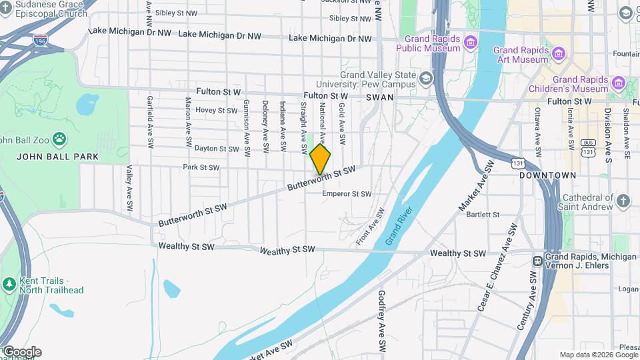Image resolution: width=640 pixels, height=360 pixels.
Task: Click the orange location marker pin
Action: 320,159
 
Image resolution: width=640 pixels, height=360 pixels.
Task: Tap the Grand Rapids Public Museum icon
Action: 471,43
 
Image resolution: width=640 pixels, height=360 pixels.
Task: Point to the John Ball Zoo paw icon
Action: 60,139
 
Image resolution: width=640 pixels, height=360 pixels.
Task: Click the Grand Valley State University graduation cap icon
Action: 425,80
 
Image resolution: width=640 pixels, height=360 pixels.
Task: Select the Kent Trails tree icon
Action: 9,285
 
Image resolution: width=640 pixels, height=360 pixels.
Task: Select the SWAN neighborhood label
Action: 380,97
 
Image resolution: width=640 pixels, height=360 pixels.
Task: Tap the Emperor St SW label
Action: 347,194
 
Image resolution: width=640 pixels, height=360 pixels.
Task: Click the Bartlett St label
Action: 483,215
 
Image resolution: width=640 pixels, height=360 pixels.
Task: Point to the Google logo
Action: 21,351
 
